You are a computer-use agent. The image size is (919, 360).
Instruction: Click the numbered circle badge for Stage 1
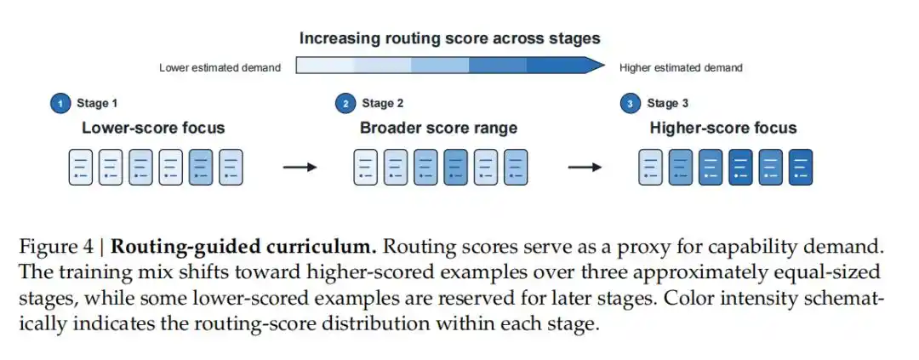tap(60, 104)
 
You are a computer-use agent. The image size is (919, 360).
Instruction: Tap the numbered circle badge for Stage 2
tap(345, 104)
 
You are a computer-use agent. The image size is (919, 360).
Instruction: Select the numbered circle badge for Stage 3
tap(630, 104)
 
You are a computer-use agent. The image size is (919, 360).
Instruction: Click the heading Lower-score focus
tap(153, 128)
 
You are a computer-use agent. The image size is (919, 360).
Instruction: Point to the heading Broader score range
tap(438, 128)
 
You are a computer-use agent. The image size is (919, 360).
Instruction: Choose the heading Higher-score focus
tap(723, 128)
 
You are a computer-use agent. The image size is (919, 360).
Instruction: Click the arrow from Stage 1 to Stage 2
tap(300, 168)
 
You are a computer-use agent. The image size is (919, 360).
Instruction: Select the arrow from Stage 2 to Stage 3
tap(585, 168)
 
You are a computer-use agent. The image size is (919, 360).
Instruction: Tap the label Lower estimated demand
tap(220, 68)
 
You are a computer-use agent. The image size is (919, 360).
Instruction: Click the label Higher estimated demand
tap(681, 68)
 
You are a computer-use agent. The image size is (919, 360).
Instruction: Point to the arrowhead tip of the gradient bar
tap(604, 65)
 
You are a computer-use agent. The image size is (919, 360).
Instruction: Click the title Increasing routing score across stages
tap(450, 38)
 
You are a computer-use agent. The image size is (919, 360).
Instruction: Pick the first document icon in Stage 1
tap(81, 168)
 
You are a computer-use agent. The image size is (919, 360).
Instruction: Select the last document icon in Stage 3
tap(801, 168)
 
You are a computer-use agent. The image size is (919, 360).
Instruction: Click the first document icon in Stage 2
tap(366, 168)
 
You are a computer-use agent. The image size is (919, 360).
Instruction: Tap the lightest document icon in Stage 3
tap(651, 168)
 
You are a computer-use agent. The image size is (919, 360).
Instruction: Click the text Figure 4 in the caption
tap(55, 247)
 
